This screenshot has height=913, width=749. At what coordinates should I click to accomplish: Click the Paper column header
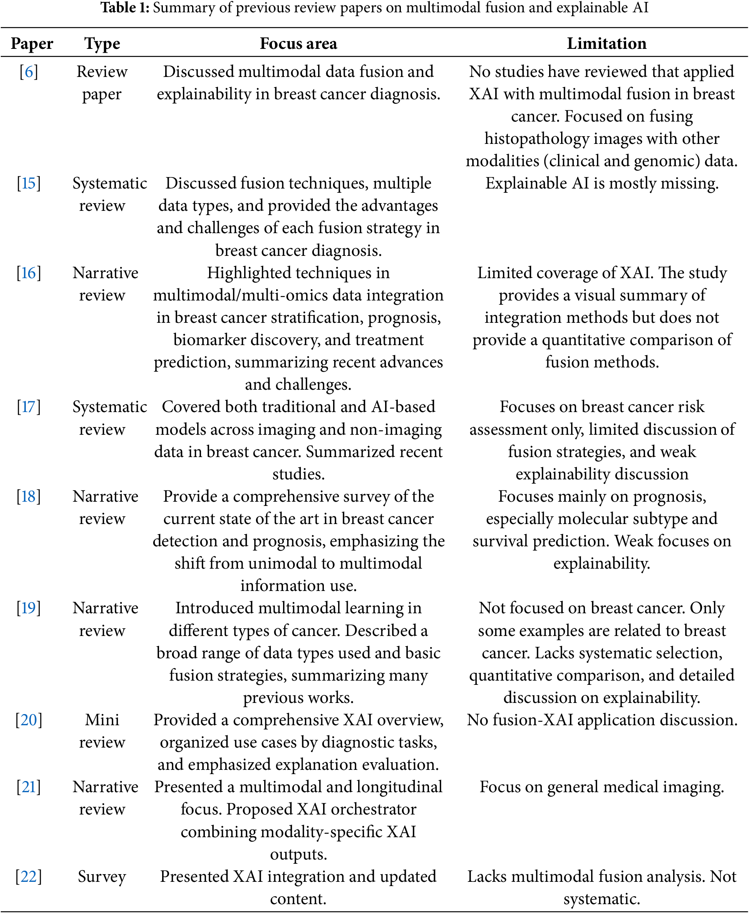pos(32,43)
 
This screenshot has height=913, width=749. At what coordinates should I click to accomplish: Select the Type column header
pos(102,43)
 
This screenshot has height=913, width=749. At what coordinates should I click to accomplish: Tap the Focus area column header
pos(298,43)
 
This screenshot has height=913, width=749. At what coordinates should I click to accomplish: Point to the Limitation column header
pos(606,43)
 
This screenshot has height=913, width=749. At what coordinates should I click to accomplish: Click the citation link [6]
pos(29,72)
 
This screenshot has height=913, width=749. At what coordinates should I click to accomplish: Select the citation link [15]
pos(29,183)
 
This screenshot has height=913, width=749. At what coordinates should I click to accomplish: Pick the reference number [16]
pos(29,273)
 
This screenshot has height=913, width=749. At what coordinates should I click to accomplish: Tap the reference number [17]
pos(29,407)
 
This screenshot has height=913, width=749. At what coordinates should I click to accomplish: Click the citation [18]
pos(29,497)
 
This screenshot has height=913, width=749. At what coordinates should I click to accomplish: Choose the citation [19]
pos(29,608)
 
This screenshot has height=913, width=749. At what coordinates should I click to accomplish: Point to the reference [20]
pos(29,720)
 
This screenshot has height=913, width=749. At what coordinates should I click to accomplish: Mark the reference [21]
pos(29,787)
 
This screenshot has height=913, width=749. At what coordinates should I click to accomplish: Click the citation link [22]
pos(29,877)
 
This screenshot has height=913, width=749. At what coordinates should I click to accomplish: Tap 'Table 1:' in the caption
pos(125,8)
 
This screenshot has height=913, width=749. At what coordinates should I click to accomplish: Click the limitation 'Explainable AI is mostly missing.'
pos(602,183)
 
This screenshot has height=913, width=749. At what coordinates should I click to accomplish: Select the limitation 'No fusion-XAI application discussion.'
pos(602,720)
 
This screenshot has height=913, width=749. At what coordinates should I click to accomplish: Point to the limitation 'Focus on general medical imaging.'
pos(602,787)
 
